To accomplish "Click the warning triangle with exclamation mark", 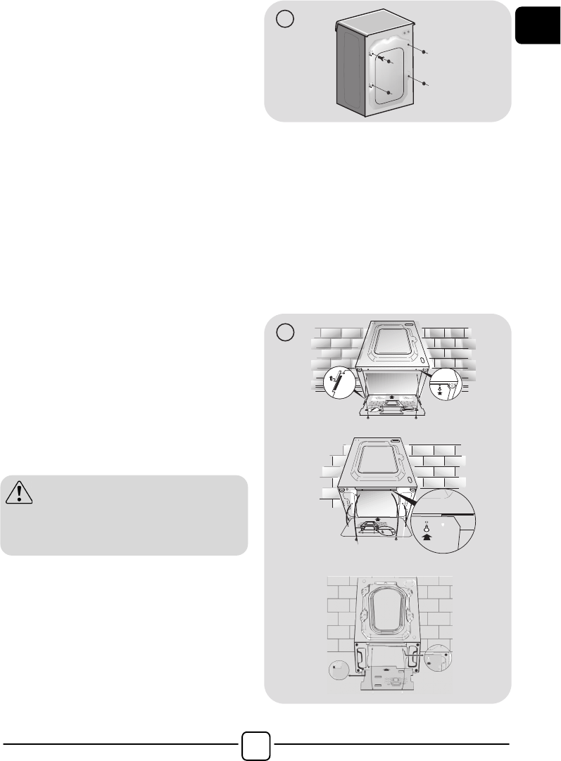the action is coord(20,494).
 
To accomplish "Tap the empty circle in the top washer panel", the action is coord(284,21).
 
